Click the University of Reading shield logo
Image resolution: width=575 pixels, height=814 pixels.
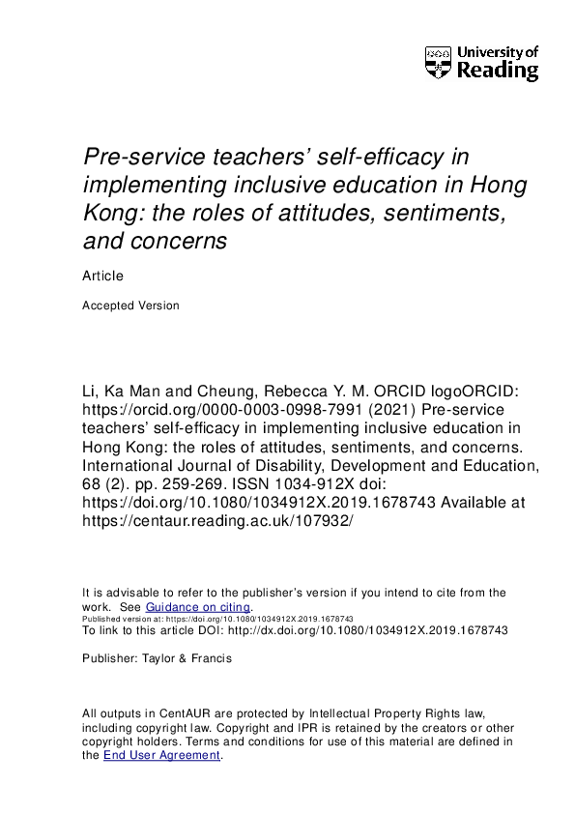[438, 63]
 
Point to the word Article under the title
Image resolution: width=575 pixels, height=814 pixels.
[102, 276]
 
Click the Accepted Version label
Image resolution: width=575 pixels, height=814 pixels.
[130, 305]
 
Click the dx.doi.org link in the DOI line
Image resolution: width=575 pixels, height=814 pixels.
[376, 629]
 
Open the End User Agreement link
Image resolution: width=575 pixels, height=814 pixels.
[161, 755]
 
